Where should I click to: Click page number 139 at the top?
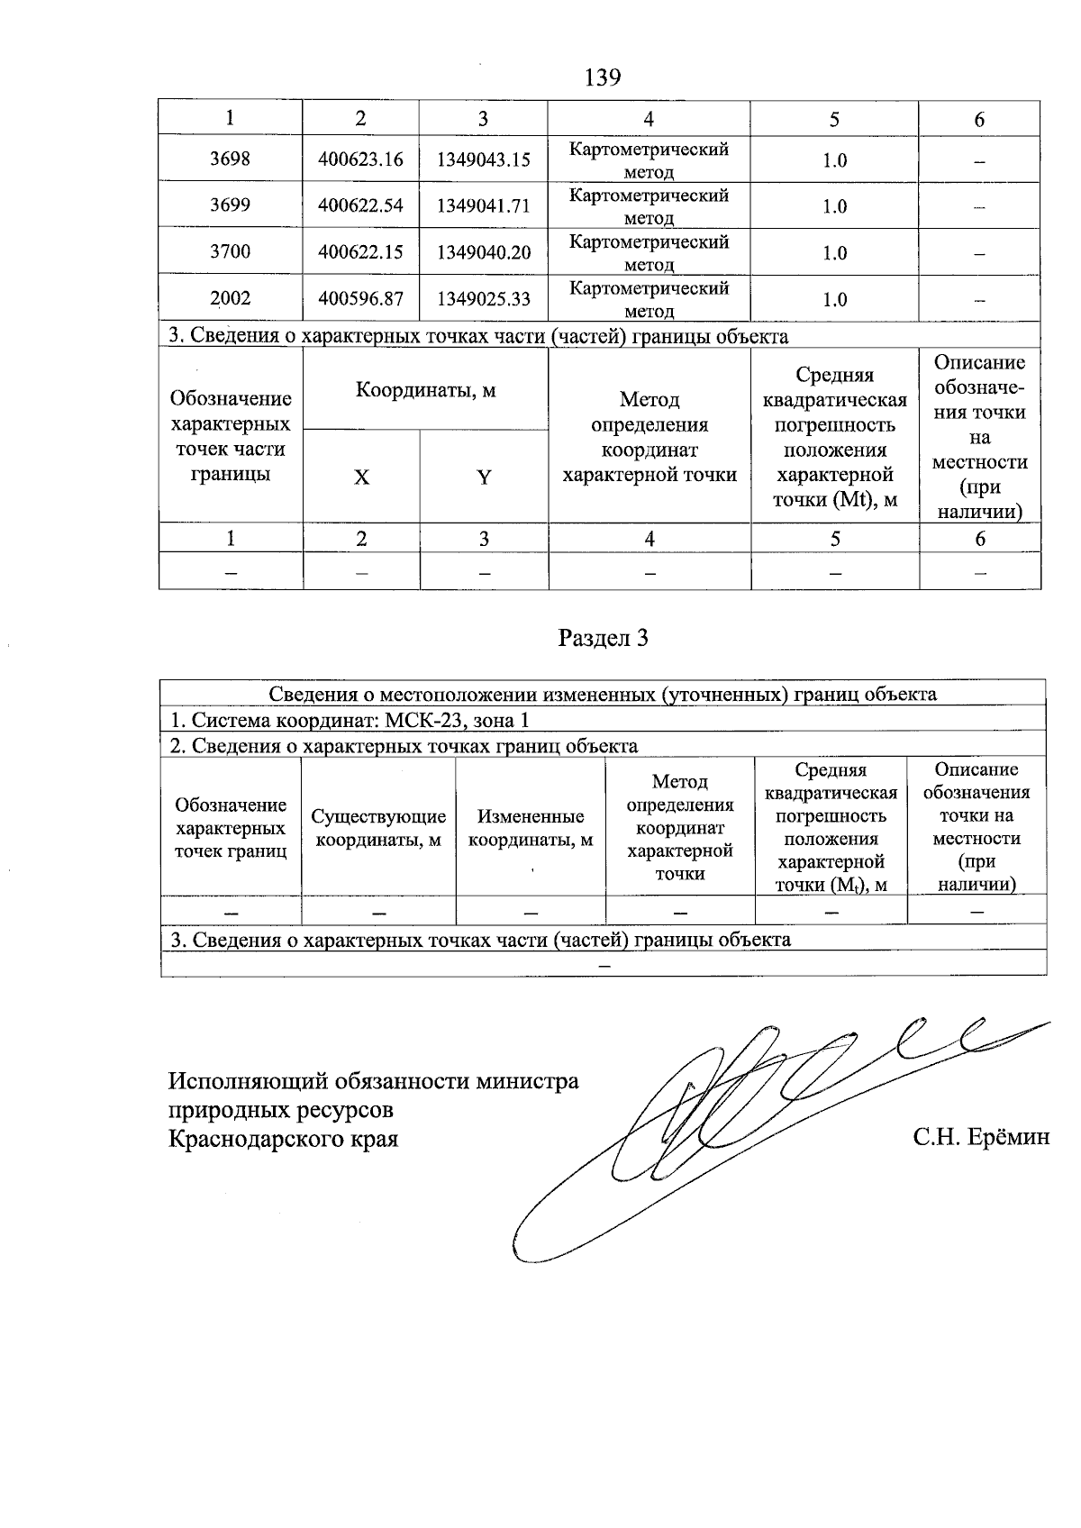coord(603,77)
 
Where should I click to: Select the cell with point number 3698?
coord(230,159)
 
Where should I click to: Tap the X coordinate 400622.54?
coord(360,206)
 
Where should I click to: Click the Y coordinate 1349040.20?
coord(484,252)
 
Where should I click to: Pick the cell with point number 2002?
coord(230,299)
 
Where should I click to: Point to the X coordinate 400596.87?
coord(360,299)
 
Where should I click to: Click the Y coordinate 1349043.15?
coord(484,160)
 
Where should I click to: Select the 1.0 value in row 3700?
coord(834,253)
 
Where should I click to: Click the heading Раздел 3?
coord(603,638)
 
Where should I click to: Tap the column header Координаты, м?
coord(425,390)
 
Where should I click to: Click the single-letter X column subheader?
coord(361,477)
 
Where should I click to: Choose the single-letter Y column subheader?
coord(484,477)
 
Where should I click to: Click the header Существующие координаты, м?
coord(378,828)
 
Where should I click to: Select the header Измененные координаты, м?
coord(531,828)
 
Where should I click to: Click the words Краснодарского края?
coord(284,1139)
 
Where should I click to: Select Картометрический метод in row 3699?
coord(649,206)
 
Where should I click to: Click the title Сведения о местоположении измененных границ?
coord(603,694)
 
